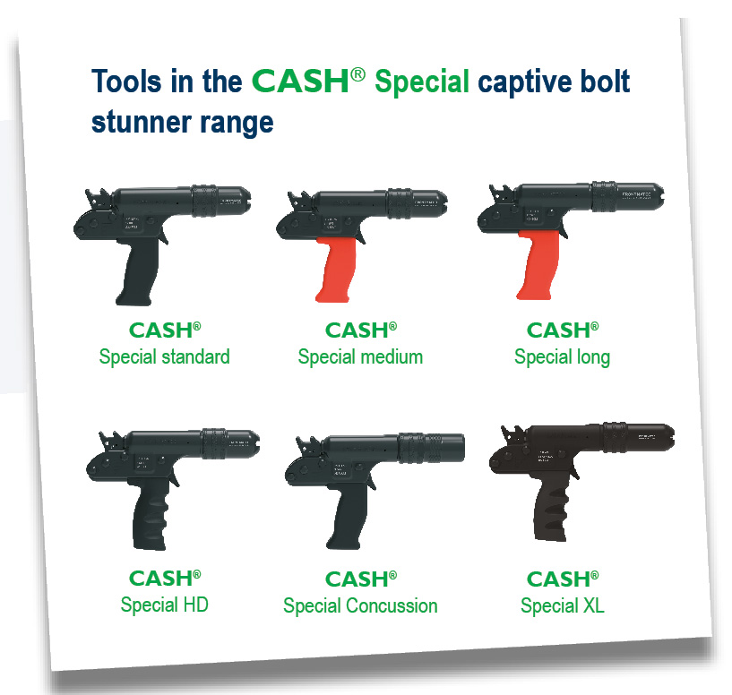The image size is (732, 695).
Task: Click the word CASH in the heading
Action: click(x=300, y=82)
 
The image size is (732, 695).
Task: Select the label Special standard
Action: click(x=164, y=356)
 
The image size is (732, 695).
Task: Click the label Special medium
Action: click(x=360, y=356)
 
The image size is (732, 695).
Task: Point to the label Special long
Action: click(x=562, y=356)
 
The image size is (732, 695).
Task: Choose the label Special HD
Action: click(x=164, y=605)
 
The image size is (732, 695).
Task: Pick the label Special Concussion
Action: click(x=360, y=605)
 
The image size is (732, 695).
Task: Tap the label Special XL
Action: click(x=562, y=605)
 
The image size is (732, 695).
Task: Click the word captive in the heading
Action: click(x=554, y=82)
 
